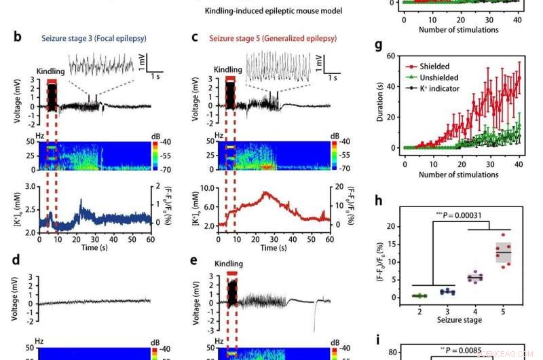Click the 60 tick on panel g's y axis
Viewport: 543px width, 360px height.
pyautogui.click(x=391, y=56)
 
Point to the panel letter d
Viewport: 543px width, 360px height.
pyautogui.click(x=18, y=260)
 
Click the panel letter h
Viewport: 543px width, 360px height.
pyautogui.click(x=378, y=201)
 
